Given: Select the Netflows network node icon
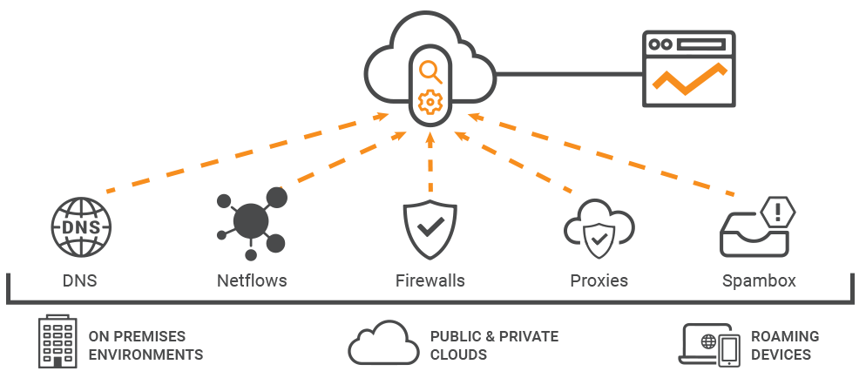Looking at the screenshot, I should point(251,221).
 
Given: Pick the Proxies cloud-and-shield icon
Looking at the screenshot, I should point(599,231).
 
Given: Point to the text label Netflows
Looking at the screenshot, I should point(251,280).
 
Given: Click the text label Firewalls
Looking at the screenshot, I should point(430,280).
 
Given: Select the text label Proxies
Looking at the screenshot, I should point(599,280).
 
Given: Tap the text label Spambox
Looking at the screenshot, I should point(758,280).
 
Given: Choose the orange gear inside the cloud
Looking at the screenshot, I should point(429,101).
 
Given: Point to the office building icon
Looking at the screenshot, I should point(58,341).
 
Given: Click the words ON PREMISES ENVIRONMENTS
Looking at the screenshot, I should point(145,345).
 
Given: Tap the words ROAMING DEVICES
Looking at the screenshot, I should point(784,345).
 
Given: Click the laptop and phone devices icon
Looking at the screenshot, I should point(709,344).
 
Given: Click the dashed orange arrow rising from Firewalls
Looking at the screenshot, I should point(430,165).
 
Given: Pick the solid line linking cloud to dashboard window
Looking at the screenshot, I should point(567,73).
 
